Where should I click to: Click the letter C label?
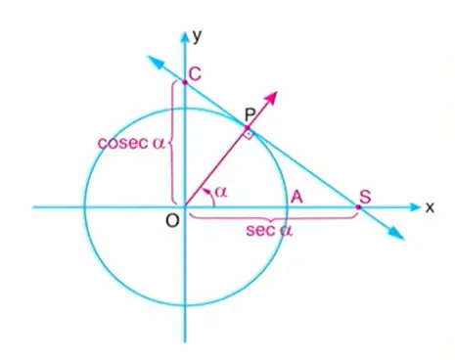pos(196,73)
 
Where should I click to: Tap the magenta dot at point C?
pos(184,83)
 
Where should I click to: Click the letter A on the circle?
pos(296,197)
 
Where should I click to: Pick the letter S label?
pos(364,196)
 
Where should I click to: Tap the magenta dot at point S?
pos(359,207)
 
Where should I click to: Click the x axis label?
pos(429,206)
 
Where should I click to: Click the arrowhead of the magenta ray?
pos(273,96)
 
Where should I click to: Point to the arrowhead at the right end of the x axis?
pos(412,207)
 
